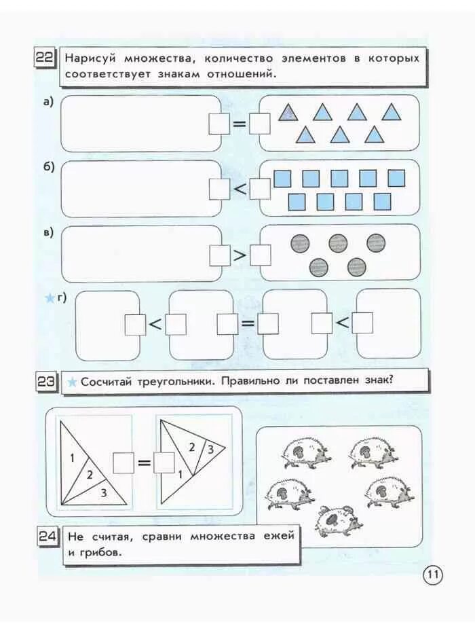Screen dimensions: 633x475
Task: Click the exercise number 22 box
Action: (x=45, y=58)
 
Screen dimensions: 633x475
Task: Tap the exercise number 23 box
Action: (x=46, y=382)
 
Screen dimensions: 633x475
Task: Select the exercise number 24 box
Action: (x=47, y=537)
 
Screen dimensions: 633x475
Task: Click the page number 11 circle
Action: (x=433, y=575)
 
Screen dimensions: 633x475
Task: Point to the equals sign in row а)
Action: (x=240, y=124)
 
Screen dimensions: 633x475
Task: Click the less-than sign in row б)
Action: (x=240, y=189)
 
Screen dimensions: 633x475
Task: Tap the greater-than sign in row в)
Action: (x=240, y=255)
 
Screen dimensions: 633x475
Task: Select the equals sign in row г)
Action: (x=248, y=324)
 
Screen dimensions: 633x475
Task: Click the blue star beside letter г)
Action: (x=49, y=297)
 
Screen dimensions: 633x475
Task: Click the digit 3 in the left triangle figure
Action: (x=103, y=493)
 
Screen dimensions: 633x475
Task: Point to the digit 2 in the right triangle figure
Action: (x=192, y=446)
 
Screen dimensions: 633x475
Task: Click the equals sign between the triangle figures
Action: (x=145, y=463)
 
